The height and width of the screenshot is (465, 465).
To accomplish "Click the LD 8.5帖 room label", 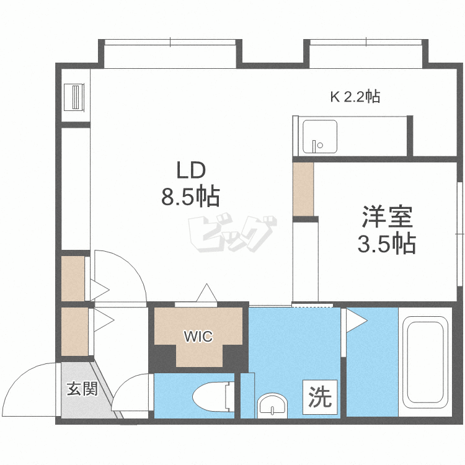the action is click(190, 184).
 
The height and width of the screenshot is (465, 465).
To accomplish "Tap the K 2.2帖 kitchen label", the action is click(355, 96).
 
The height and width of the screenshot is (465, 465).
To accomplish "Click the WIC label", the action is click(198, 337).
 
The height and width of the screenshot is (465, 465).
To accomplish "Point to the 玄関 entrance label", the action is click(82, 389).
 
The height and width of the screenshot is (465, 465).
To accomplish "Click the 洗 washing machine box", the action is click(320, 397).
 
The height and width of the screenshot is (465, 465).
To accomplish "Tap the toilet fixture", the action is click(213, 397).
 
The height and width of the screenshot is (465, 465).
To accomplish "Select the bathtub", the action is click(425, 363).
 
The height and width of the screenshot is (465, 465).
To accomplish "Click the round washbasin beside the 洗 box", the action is click(272, 405).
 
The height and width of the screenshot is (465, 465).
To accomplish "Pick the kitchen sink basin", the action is click(320, 136).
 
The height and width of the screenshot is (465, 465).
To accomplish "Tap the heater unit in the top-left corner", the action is click(74, 97).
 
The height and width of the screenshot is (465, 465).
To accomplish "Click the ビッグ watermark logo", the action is click(232, 232).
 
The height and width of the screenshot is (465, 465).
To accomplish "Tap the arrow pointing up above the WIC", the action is click(207, 293).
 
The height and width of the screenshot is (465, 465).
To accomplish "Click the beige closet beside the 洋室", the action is click(303, 189).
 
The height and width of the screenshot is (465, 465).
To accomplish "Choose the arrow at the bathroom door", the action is click(356, 321).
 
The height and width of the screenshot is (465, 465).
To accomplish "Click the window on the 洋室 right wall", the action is click(460, 234).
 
